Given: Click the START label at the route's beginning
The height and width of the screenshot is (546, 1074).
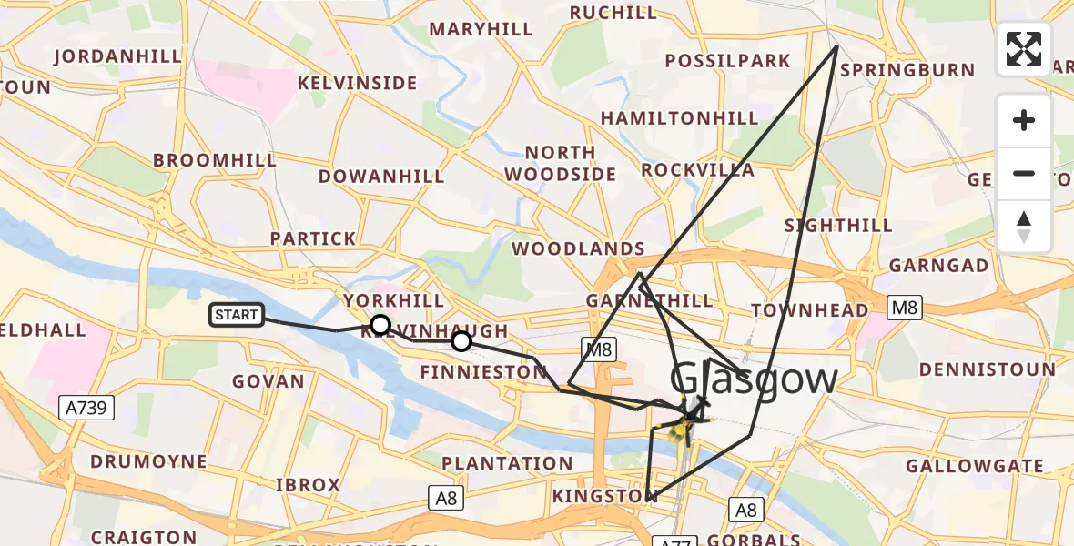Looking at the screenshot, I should [237, 315].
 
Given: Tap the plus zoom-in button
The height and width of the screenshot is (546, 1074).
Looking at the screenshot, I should [1024, 120].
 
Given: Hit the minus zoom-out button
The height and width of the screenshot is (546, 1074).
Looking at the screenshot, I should [1024, 173].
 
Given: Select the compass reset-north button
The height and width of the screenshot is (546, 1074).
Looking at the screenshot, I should [1024, 226].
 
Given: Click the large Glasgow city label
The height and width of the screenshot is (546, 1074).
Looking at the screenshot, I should [754, 379].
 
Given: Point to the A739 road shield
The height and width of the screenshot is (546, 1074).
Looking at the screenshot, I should [89, 408].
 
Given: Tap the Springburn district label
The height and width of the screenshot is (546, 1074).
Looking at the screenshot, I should [907, 70].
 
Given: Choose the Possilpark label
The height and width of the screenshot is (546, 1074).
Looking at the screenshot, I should [727, 61].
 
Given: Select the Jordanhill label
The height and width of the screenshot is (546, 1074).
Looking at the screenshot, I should [118, 56].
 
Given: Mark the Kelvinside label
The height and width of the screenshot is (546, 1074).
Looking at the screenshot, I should [358, 83].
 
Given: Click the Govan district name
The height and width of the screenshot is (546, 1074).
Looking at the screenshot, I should [268, 381].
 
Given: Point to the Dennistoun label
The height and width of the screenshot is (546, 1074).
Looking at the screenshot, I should [988, 369].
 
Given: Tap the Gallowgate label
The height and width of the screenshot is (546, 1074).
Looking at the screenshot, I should [975, 466].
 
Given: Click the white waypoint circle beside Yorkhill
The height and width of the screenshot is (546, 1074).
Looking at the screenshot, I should [380, 325].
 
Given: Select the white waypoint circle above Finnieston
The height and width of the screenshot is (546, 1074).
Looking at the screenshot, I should [461, 341].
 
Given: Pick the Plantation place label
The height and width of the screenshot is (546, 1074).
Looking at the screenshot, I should [508, 463].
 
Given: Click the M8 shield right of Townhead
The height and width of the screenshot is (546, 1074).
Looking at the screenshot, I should [904, 308].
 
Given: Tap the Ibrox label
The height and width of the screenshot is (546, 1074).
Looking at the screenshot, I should [308, 485].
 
